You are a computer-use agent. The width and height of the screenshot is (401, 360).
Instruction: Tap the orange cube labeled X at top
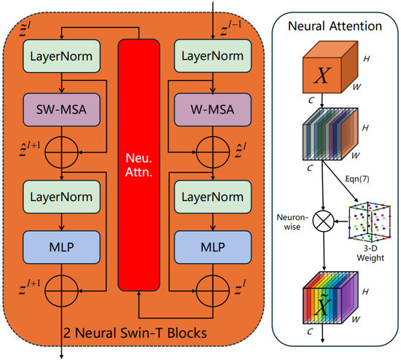[x=324, y=74]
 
